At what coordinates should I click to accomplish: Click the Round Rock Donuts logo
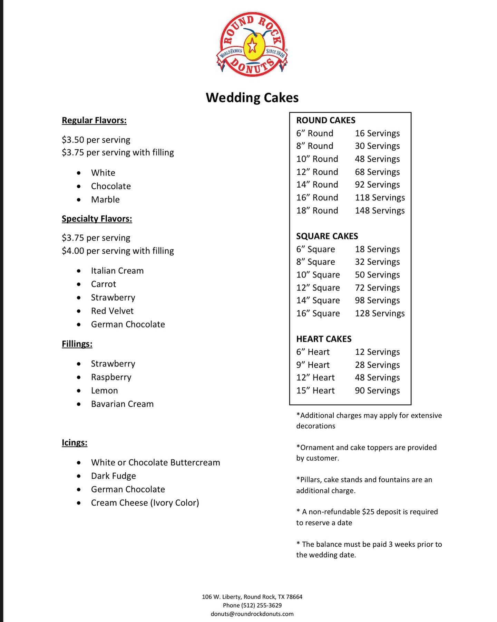pyautogui.click(x=252, y=45)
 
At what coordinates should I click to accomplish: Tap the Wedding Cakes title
pyautogui.click(x=252, y=97)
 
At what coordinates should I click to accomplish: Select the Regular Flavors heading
pyautogui.click(x=94, y=120)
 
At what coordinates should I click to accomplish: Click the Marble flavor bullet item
pyautogui.click(x=105, y=199)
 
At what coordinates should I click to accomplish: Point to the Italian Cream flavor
pyautogui.click(x=117, y=271)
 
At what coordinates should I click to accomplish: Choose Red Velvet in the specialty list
pyautogui.click(x=112, y=311)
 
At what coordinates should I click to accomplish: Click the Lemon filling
pyautogui.click(x=104, y=390)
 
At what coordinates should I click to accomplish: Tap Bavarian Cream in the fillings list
pyautogui.click(x=122, y=404)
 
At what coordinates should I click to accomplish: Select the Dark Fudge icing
pyautogui.click(x=113, y=476)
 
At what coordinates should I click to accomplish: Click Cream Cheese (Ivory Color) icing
pyautogui.click(x=145, y=502)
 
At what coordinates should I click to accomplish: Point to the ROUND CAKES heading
pyautogui.click(x=325, y=120)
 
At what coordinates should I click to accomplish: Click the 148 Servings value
pyautogui.click(x=380, y=210)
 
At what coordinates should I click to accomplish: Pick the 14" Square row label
pyautogui.click(x=318, y=300)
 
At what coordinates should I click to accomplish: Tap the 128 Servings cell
pyautogui.click(x=380, y=313)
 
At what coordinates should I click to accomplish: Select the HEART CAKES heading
pyautogui.click(x=324, y=339)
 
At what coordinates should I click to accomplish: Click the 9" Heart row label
pyautogui.click(x=313, y=365)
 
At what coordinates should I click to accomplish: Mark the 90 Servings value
pyautogui.click(x=377, y=390)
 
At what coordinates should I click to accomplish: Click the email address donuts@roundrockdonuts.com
pyautogui.click(x=252, y=614)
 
